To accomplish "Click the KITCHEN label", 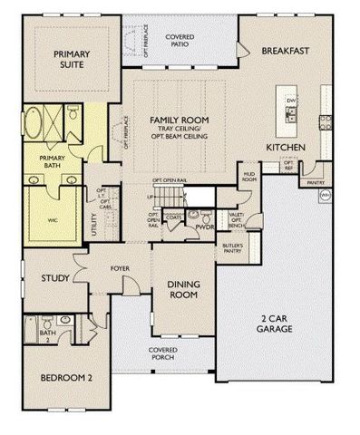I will (284, 147).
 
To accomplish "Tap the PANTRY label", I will (316, 182).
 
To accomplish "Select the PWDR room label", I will (205, 227).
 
